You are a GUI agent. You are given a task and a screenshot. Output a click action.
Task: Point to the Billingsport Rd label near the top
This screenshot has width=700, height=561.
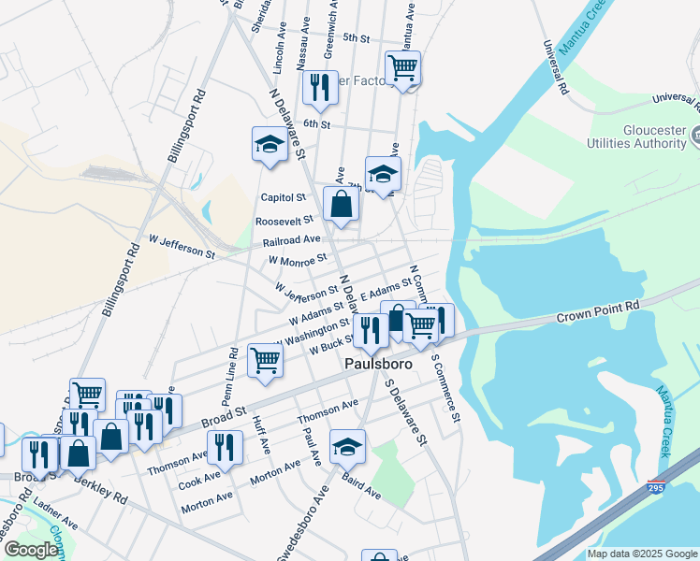pyautogui.click(x=186, y=124)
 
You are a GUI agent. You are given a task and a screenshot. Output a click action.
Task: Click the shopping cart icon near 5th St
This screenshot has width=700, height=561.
pyautogui.click(x=402, y=68)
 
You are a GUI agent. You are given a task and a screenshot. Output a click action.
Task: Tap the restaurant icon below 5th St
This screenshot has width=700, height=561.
pyautogui.click(x=320, y=88)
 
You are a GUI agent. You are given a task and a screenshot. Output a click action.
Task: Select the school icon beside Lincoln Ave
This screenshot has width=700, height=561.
pyautogui.click(x=270, y=145)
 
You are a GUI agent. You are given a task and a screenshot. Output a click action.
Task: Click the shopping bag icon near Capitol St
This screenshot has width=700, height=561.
pyautogui.click(x=340, y=205)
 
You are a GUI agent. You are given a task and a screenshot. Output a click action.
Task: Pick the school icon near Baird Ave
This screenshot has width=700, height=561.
pyautogui.click(x=347, y=447)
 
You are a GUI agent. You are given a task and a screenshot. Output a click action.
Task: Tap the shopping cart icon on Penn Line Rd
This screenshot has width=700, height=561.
pyautogui.click(x=266, y=360)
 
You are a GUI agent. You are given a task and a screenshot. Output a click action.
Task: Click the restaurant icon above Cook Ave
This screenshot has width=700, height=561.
pyautogui.click(x=224, y=447)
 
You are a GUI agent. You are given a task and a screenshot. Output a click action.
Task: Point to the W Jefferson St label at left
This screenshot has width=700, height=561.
pyautogui.click(x=174, y=248)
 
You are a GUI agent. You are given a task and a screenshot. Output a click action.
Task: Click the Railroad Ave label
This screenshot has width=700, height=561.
pyautogui.click(x=291, y=239)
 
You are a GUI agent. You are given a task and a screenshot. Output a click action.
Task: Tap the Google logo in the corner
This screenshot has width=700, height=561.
pyautogui.click(x=30, y=551)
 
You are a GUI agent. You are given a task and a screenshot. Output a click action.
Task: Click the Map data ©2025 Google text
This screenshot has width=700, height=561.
pyautogui.click(x=641, y=554)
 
